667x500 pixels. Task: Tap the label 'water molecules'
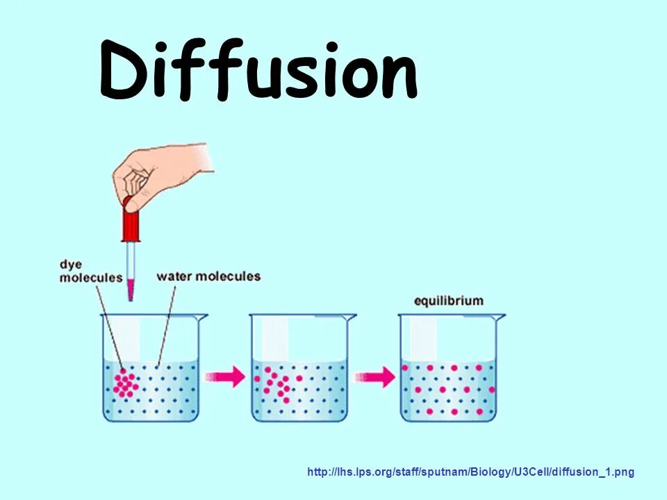point(208,276)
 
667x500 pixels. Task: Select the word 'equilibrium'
point(448,301)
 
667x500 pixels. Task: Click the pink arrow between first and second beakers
point(226,377)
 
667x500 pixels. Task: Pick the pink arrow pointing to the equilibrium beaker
point(375,377)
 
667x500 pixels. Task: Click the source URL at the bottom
point(470,472)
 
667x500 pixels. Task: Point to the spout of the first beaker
point(202,317)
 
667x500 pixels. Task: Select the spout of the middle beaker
point(351,317)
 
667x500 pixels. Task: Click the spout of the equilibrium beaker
point(500,317)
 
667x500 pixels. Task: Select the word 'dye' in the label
point(70,265)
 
